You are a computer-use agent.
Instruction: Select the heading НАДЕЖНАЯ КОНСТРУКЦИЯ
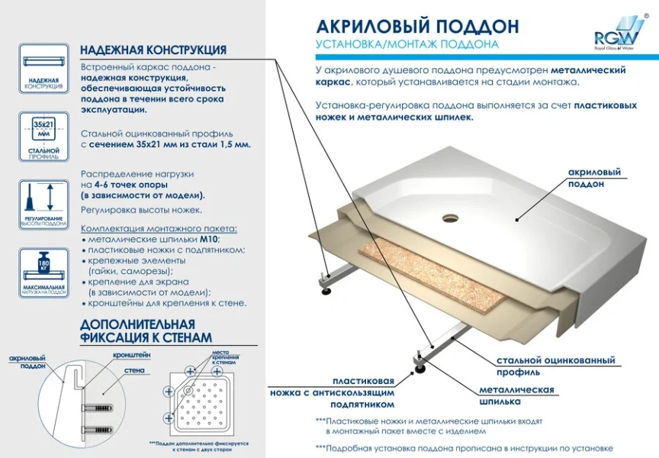click(x=153, y=50)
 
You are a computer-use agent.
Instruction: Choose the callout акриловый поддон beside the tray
click(x=594, y=178)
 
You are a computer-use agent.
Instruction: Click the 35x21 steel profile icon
click(x=41, y=136)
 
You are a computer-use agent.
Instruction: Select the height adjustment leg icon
click(x=41, y=202)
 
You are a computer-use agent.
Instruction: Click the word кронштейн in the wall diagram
click(x=131, y=355)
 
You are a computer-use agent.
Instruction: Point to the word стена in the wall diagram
click(x=134, y=371)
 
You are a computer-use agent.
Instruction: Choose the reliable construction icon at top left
click(x=41, y=69)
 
